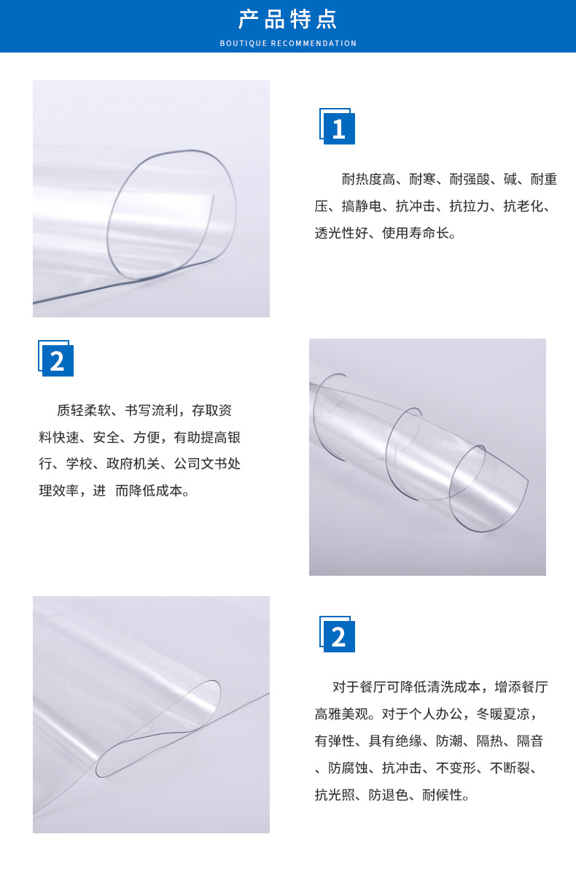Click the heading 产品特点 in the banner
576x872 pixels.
tap(288, 20)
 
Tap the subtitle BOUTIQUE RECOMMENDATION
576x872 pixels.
tap(288, 44)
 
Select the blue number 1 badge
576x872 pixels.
tap(338, 128)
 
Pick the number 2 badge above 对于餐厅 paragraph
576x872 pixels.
tap(338, 636)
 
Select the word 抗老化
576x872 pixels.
tap(523, 207)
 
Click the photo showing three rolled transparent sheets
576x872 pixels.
tap(427, 457)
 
